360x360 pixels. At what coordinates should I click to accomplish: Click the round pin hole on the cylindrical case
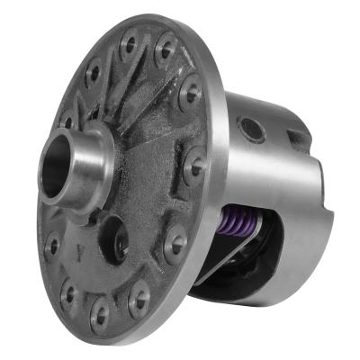click(x=253, y=131)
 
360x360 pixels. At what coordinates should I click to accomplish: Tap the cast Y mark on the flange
click(x=84, y=255)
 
